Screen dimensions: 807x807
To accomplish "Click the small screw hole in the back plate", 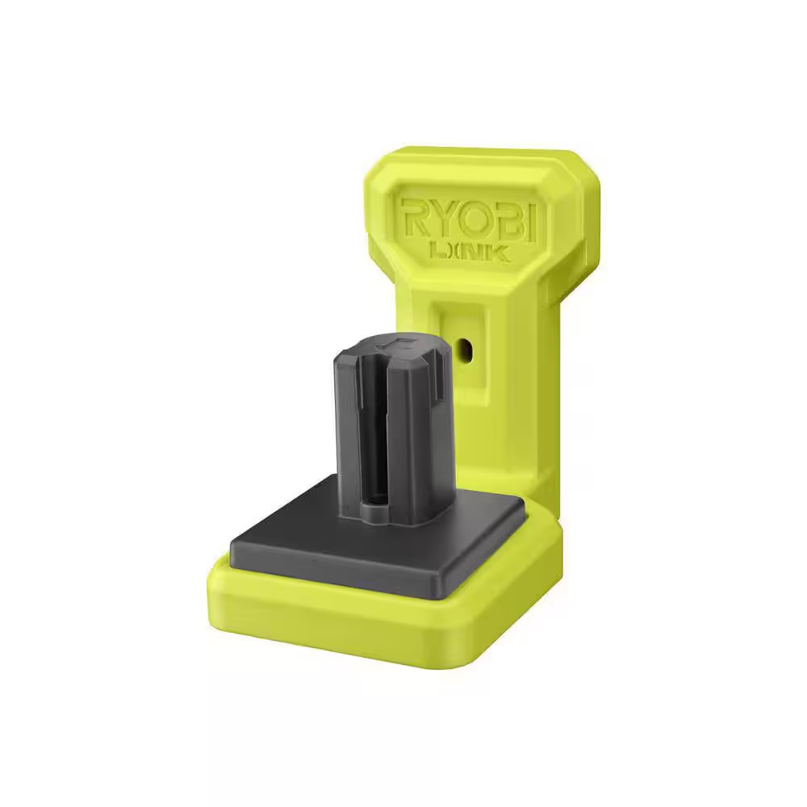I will [466, 348].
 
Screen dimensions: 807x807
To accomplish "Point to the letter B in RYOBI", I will [506, 219].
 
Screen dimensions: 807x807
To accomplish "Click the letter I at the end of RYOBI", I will [533, 220].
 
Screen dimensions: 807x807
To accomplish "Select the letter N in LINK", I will [479, 253].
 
